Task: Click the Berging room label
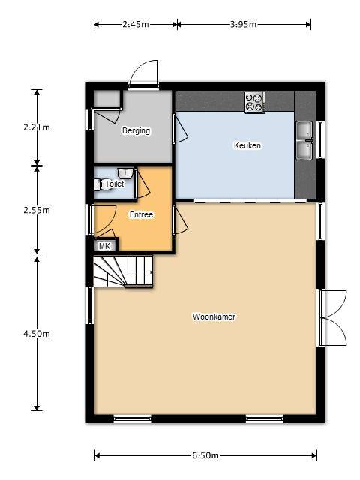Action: coord(136,130)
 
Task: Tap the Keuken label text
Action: coord(247,145)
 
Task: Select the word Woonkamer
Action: coord(214,316)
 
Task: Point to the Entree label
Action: coord(141,214)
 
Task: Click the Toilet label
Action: coord(115,184)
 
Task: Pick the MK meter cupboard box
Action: coord(105,245)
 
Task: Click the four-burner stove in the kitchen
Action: coord(255,102)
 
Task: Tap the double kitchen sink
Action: coord(304,140)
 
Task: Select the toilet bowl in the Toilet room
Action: coord(102,185)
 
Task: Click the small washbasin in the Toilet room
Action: coord(125,173)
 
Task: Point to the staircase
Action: coord(123,271)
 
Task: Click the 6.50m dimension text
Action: coord(205,455)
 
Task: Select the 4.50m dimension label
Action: coord(37,333)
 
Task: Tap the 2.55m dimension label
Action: coord(37,210)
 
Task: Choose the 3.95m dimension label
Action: coord(243,24)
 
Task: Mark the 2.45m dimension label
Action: coord(136,24)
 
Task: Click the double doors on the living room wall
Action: coord(333,318)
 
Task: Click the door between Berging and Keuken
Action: coord(180,128)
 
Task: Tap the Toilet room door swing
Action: coord(142,184)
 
